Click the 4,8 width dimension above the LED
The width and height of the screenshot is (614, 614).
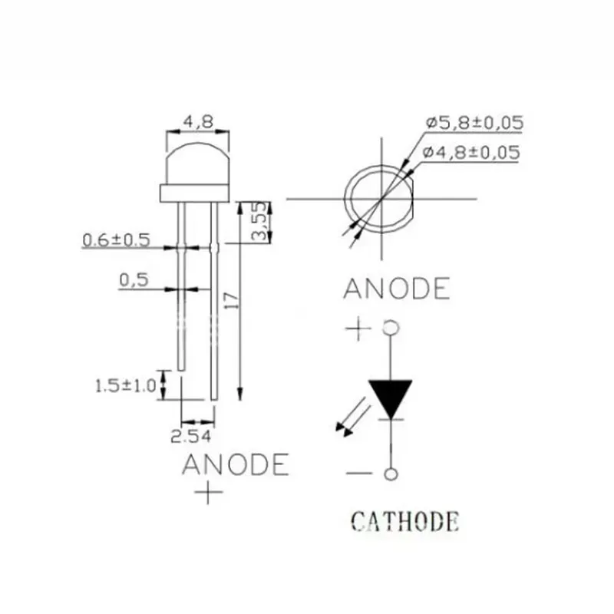[198, 120]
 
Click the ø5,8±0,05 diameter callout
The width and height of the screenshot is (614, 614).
[474, 123]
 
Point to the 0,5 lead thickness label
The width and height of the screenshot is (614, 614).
[134, 280]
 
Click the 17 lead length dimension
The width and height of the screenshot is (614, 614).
[229, 302]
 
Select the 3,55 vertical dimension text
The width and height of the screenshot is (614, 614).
[262, 223]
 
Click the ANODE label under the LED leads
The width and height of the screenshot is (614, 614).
[236, 464]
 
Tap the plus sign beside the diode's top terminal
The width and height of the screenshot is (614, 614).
[358, 330]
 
